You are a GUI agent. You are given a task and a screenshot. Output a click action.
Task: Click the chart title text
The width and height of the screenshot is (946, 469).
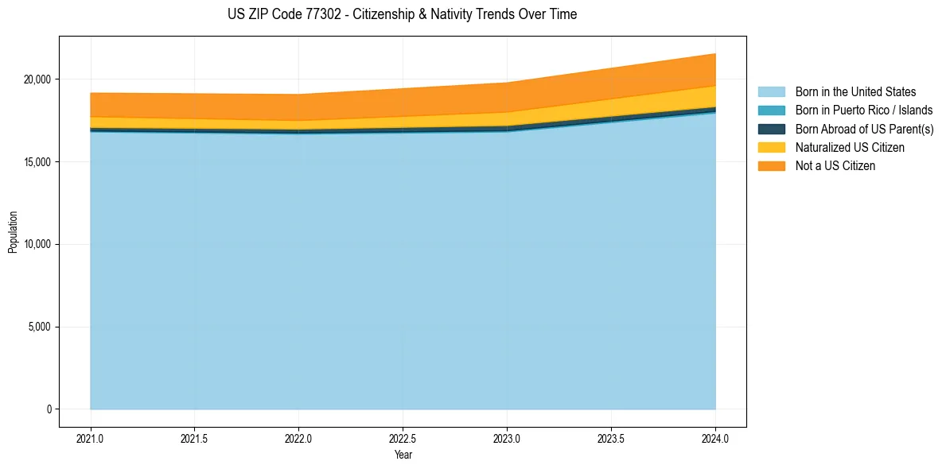tap(402, 14)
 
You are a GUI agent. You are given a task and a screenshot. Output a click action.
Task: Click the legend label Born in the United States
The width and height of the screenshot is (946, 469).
tap(855, 92)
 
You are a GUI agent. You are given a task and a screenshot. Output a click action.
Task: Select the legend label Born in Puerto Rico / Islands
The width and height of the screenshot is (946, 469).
tap(863, 110)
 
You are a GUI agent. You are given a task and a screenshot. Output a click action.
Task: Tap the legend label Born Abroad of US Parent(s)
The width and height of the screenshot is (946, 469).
tap(864, 129)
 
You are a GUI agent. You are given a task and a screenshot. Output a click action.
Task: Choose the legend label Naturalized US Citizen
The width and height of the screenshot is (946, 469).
tap(850, 147)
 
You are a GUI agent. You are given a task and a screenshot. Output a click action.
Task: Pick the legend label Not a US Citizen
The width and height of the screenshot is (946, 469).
tap(835, 165)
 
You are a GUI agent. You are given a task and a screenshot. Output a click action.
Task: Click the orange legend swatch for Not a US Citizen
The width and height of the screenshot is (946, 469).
tap(771, 165)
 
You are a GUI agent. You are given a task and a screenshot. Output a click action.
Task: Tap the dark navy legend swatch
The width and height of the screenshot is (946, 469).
tap(771, 129)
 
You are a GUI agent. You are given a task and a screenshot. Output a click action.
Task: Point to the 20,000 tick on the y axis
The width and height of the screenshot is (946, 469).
tap(38, 79)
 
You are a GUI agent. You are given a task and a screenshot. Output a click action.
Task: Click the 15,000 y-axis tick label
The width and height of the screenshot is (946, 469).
tap(38, 162)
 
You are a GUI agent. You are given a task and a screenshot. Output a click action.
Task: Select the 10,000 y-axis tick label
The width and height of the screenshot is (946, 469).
tap(38, 244)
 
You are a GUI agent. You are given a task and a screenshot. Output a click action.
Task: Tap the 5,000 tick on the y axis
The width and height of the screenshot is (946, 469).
tap(41, 327)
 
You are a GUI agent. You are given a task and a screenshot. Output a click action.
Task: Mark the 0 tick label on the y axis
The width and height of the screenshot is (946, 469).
tap(49, 409)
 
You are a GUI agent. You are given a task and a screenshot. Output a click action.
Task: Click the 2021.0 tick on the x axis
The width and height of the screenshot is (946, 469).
tap(91, 438)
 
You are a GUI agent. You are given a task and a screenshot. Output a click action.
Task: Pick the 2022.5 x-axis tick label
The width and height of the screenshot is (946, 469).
tap(403, 438)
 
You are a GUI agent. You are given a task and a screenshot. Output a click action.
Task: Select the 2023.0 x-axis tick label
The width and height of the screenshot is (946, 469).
tap(507, 438)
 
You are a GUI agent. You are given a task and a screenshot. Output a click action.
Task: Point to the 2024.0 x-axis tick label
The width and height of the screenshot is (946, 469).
tap(715, 438)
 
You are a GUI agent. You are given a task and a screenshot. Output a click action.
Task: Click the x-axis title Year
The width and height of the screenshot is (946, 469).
tap(403, 455)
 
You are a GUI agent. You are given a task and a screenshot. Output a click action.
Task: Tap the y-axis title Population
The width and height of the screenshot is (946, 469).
tap(13, 232)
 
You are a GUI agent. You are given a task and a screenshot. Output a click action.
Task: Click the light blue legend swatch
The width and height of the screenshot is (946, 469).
tap(771, 92)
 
